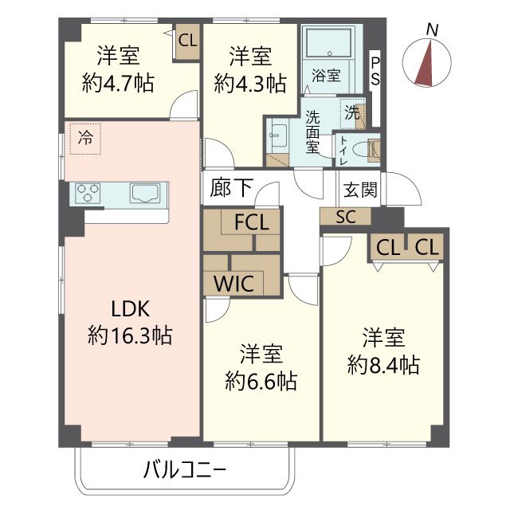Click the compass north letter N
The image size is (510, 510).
432,29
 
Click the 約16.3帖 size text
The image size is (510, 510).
130,335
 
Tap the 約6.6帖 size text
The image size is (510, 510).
261,380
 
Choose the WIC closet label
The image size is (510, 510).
234,283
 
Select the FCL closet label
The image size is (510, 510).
251,222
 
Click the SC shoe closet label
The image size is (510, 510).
345,216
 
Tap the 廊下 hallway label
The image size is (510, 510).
232,188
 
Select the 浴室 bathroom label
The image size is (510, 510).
326,76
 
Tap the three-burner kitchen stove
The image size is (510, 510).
89,192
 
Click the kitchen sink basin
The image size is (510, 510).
147,192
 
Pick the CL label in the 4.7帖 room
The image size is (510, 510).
188,39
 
